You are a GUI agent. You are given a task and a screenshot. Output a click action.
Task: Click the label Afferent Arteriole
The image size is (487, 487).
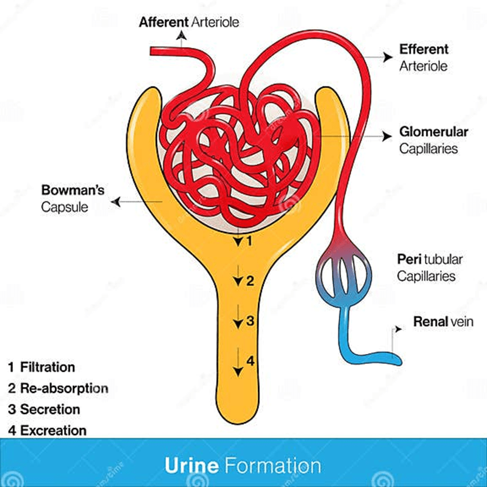click(189, 22)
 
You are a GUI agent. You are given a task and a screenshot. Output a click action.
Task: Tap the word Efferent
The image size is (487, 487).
click(424, 49)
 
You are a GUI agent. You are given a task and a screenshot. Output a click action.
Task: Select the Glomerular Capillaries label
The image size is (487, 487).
click(433, 140)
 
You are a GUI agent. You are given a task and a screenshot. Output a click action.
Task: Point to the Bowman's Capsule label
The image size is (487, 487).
click(73, 198)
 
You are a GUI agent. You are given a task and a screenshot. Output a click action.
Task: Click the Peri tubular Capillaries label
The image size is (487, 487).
click(430, 267)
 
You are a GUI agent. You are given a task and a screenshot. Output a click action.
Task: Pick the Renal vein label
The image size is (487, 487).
click(443, 321)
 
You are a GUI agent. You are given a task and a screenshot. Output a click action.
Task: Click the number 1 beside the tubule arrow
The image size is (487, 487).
click(249, 241)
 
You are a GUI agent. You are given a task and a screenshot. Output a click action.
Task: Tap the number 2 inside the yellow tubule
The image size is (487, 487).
click(249, 280)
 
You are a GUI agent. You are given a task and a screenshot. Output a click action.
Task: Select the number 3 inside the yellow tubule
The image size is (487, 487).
click(249, 320)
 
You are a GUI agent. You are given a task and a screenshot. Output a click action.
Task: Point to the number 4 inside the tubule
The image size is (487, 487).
click(250, 361)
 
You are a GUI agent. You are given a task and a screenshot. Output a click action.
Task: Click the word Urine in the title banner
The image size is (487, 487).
click(192, 465)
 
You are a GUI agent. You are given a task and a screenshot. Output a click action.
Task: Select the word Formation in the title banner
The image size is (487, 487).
click(273, 465)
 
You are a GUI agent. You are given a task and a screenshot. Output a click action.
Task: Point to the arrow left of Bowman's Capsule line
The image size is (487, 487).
click(115, 201)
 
